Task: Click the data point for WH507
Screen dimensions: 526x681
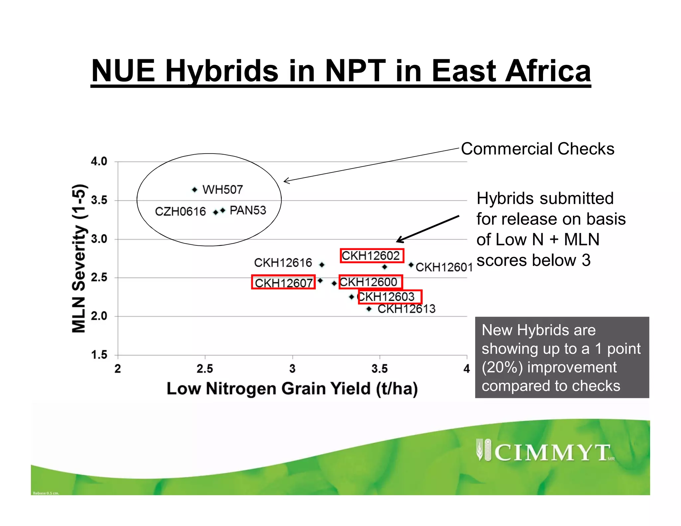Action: click(x=195, y=190)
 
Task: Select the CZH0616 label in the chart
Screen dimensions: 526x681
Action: click(x=180, y=211)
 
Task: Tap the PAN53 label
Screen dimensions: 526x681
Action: click(x=248, y=210)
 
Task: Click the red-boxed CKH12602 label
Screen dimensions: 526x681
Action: click(x=371, y=256)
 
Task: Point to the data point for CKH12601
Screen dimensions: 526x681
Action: click(x=411, y=265)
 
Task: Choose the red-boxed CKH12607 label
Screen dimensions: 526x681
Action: click(x=283, y=282)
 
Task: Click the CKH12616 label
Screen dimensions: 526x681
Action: click(x=283, y=263)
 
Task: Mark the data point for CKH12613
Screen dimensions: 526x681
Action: click(x=369, y=309)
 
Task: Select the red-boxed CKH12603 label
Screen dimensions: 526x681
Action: click(x=390, y=297)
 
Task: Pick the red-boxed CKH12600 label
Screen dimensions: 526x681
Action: click(x=370, y=282)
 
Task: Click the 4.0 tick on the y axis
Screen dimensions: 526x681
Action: click(x=99, y=162)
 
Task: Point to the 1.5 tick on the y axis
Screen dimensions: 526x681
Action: click(x=99, y=355)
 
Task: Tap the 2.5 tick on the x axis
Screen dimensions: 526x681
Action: click(x=205, y=368)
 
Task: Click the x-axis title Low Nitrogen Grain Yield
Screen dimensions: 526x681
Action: click(x=292, y=388)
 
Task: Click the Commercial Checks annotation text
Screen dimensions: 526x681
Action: click(x=537, y=149)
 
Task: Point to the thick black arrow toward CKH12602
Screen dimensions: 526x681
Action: click(x=428, y=229)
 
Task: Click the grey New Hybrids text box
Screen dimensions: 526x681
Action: click(x=562, y=357)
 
